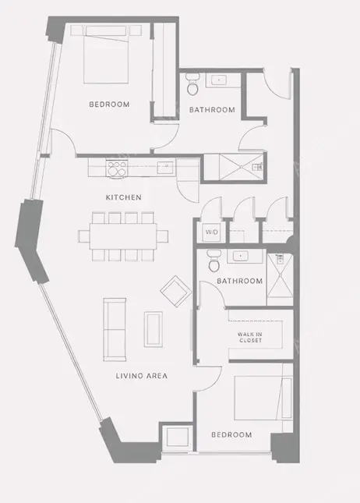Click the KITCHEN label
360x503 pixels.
(x=124, y=197)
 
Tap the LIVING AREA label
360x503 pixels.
(x=143, y=376)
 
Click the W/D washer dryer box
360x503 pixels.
(x=211, y=232)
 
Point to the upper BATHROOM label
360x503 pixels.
(x=212, y=110)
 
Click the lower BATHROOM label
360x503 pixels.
(x=239, y=281)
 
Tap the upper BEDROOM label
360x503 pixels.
(x=108, y=104)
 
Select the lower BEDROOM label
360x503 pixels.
(x=231, y=434)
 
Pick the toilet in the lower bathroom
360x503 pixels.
(x=213, y=261)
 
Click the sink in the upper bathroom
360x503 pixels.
(x=220, y=80)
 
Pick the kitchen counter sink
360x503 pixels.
(x=164, y=165)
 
